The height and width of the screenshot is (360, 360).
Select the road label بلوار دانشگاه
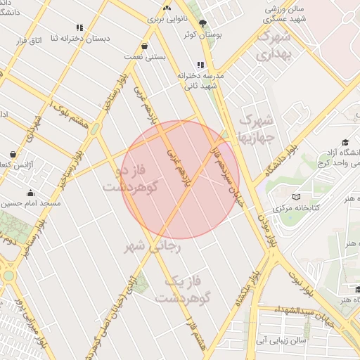tap(282, 157)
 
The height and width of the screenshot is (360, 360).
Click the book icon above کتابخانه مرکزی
tap(295, 198)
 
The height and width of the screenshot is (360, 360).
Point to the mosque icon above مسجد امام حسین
tap(30, 193)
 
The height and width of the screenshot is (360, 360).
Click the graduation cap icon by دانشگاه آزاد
tap(345, 143)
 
